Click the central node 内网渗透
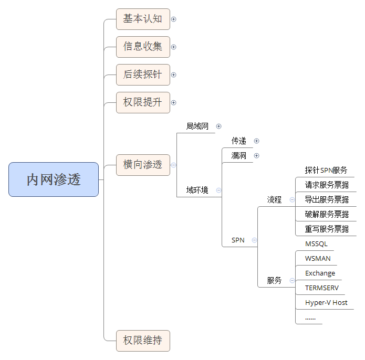54,179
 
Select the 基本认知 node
143,19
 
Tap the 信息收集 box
143,47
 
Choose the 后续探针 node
143,75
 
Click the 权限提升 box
143,102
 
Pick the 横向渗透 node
143,165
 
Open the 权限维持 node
143,341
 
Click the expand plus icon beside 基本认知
174,19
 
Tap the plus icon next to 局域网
219,126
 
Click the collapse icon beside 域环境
218,190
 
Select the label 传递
239,141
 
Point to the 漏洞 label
239,155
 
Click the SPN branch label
238,240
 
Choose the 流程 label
274,199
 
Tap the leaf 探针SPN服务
326,170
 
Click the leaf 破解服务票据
327,214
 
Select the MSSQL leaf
316,244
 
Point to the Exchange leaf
320,273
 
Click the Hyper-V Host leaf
326,303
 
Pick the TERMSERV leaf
322,288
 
